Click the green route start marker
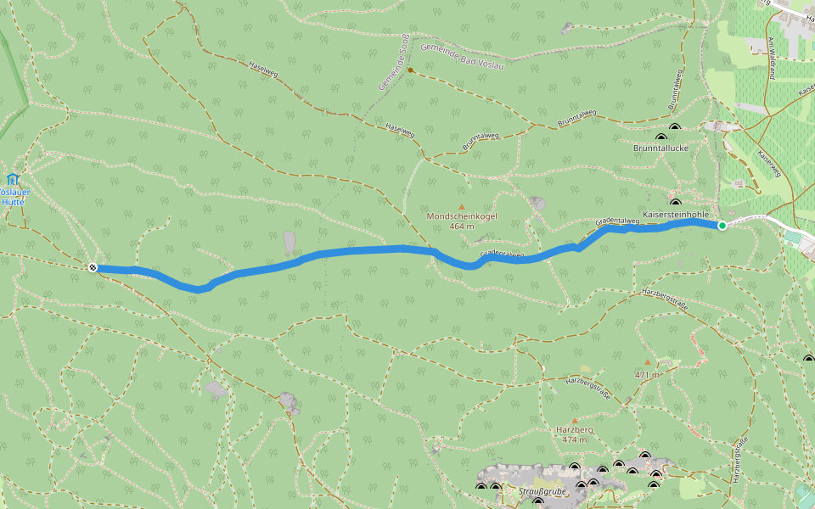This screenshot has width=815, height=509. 722,226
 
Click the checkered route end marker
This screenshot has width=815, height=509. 93,268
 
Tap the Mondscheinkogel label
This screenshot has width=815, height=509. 462,216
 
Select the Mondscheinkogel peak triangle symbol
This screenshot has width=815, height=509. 462,206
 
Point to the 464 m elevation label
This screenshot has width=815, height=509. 462,227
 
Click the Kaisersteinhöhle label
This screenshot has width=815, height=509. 676,215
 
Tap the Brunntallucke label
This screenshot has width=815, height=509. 660,148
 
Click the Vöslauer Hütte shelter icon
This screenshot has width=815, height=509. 12,179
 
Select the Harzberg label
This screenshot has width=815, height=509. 575,430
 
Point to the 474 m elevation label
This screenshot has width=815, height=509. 575,439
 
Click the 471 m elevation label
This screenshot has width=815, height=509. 647,373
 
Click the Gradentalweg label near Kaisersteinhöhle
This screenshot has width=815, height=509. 617,221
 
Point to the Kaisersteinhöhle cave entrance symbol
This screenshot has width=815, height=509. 676,203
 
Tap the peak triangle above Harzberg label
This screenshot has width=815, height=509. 575,420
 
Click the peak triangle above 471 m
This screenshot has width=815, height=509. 647,362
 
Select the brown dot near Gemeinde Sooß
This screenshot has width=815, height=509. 410,70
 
